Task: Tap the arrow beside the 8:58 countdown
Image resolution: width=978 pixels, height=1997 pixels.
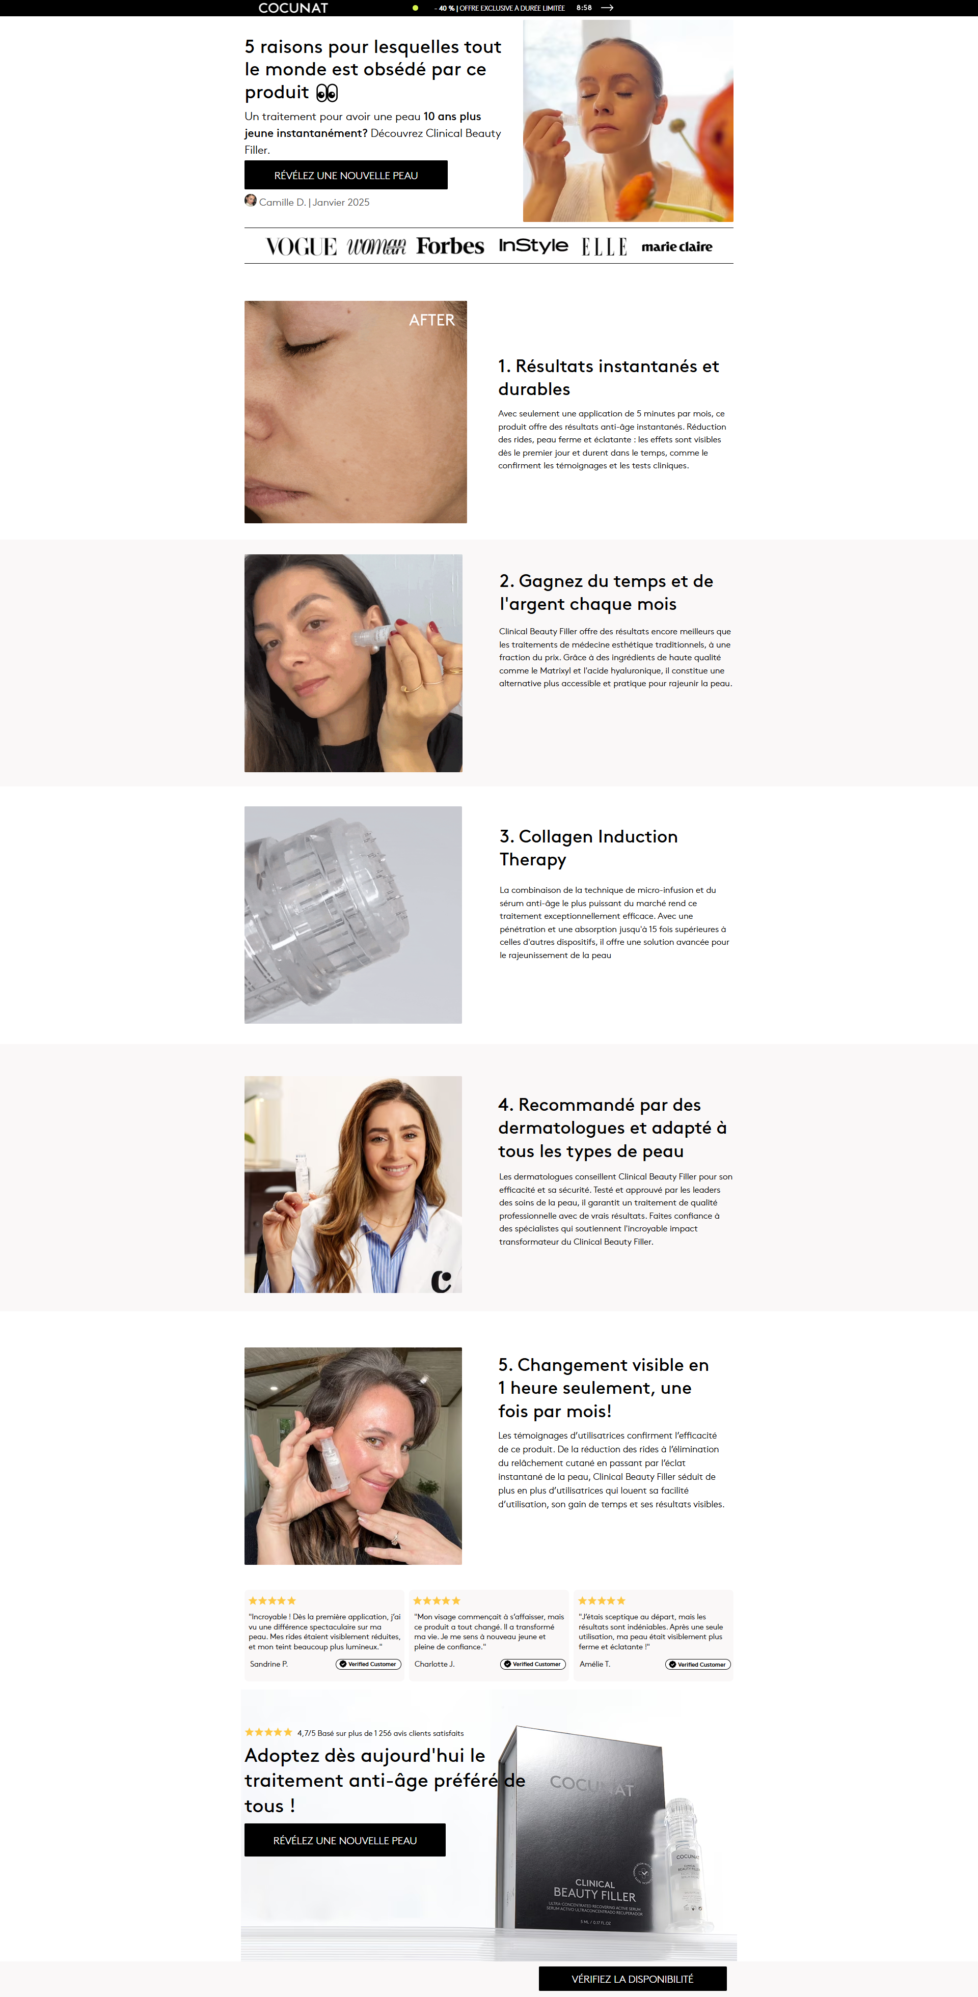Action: point(607,8)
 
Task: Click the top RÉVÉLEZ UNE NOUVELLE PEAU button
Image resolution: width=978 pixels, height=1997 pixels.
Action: point(346,175)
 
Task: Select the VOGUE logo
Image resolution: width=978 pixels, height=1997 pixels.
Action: point(301,246)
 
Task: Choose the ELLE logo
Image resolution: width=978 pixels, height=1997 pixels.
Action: point(604,246)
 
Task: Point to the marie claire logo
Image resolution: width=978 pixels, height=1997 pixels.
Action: point(676,246)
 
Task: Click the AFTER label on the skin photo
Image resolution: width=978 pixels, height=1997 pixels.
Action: point(431,320)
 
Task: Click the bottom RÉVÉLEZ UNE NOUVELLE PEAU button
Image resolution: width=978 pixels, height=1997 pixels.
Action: point(345,1840)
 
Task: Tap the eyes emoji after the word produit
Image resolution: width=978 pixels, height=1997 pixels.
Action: point(327,93)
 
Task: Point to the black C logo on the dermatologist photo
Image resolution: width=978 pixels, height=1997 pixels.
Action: point(441,1281)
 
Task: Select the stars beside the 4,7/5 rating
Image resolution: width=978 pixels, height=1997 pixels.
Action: point(268,1732)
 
